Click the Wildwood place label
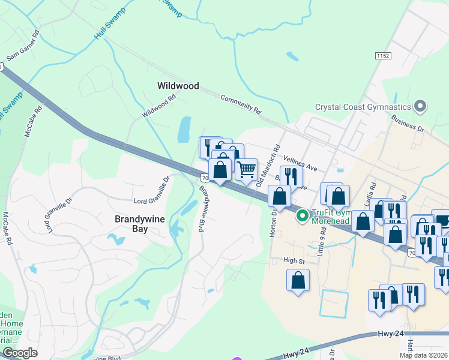178,86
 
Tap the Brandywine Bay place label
139,220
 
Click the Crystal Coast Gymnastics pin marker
420,107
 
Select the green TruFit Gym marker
304,214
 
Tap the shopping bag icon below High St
298,281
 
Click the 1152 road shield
382,56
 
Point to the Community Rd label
241,103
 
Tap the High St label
294,261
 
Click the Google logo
19,353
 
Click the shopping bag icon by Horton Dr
280,196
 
